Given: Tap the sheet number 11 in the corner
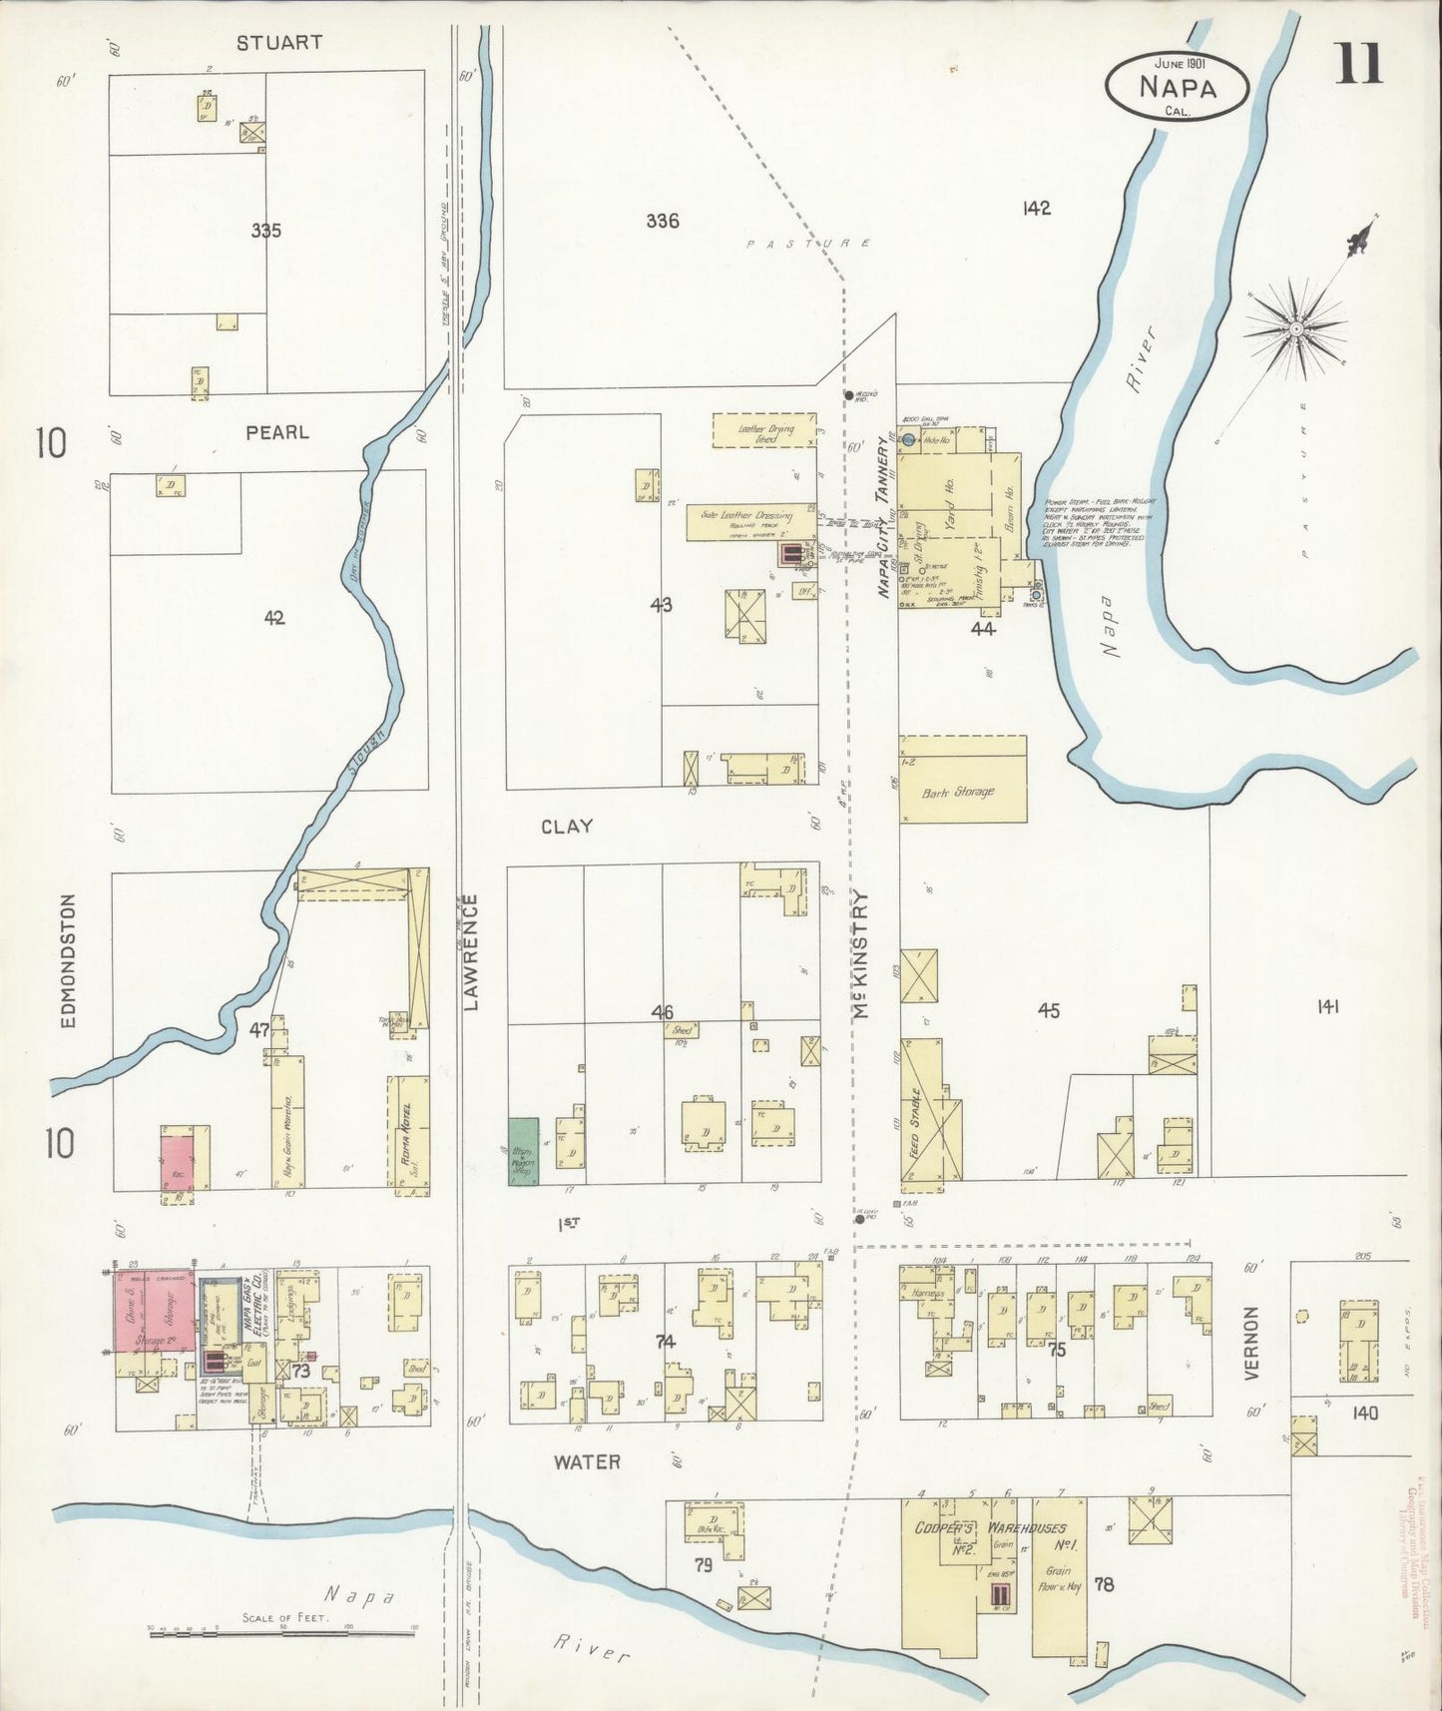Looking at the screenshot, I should pyautogui.click(x=1359, y=65).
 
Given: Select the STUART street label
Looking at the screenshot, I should pyautogui.click(x=279, y=43).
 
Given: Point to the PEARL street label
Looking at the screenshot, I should pyautogui.click(x=277, y=432).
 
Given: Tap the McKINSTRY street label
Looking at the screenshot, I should pyautogui.click(x=861, y=953).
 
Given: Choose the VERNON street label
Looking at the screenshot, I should pyautogui.click(x=1253, y=1343).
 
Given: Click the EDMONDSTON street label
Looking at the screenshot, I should pyautogui.click(x=68, y=960).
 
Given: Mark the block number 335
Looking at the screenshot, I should pyautogui.click(x=265, y=231).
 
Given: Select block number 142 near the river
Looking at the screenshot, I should pyautogui.click(x=1036, y=209).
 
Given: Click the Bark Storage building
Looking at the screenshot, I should pyautogui.click(x=963, y=780).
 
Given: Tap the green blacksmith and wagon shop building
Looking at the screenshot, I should pyautogui.click(x=523, y=1151).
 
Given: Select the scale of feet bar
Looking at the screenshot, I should pyautogui.click(x=281, y=1633).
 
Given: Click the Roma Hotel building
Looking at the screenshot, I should pyautogui.click(x=407, y=1133).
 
